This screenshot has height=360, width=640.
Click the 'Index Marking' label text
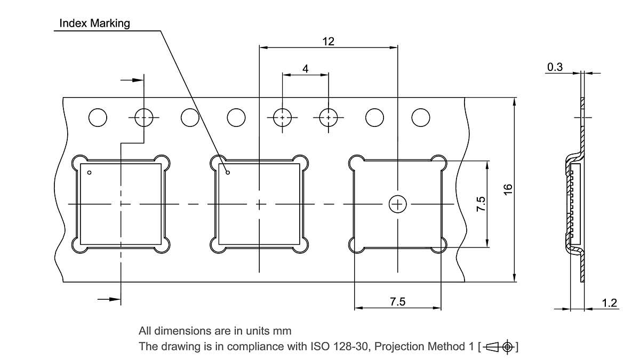(94, 23)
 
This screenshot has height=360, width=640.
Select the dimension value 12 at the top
(328, 41)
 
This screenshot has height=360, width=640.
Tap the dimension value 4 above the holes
(305, 69)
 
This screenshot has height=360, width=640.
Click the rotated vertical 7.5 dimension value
(481, 204)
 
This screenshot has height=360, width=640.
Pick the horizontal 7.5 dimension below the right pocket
(397, 302)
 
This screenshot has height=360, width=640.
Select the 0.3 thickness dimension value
(555, 67)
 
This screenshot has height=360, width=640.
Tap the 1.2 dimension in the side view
(610, 303)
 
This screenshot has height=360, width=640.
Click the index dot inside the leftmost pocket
(90, 172)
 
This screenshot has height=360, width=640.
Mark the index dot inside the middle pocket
(228, 172)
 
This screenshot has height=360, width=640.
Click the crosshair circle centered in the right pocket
(398, 204)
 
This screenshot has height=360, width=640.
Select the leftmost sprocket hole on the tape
(98, 117)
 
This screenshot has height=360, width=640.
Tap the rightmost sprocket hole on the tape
(421, 117)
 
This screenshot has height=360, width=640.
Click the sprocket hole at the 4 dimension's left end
(282, 117)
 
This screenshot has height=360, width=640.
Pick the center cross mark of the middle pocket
(259, 204)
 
